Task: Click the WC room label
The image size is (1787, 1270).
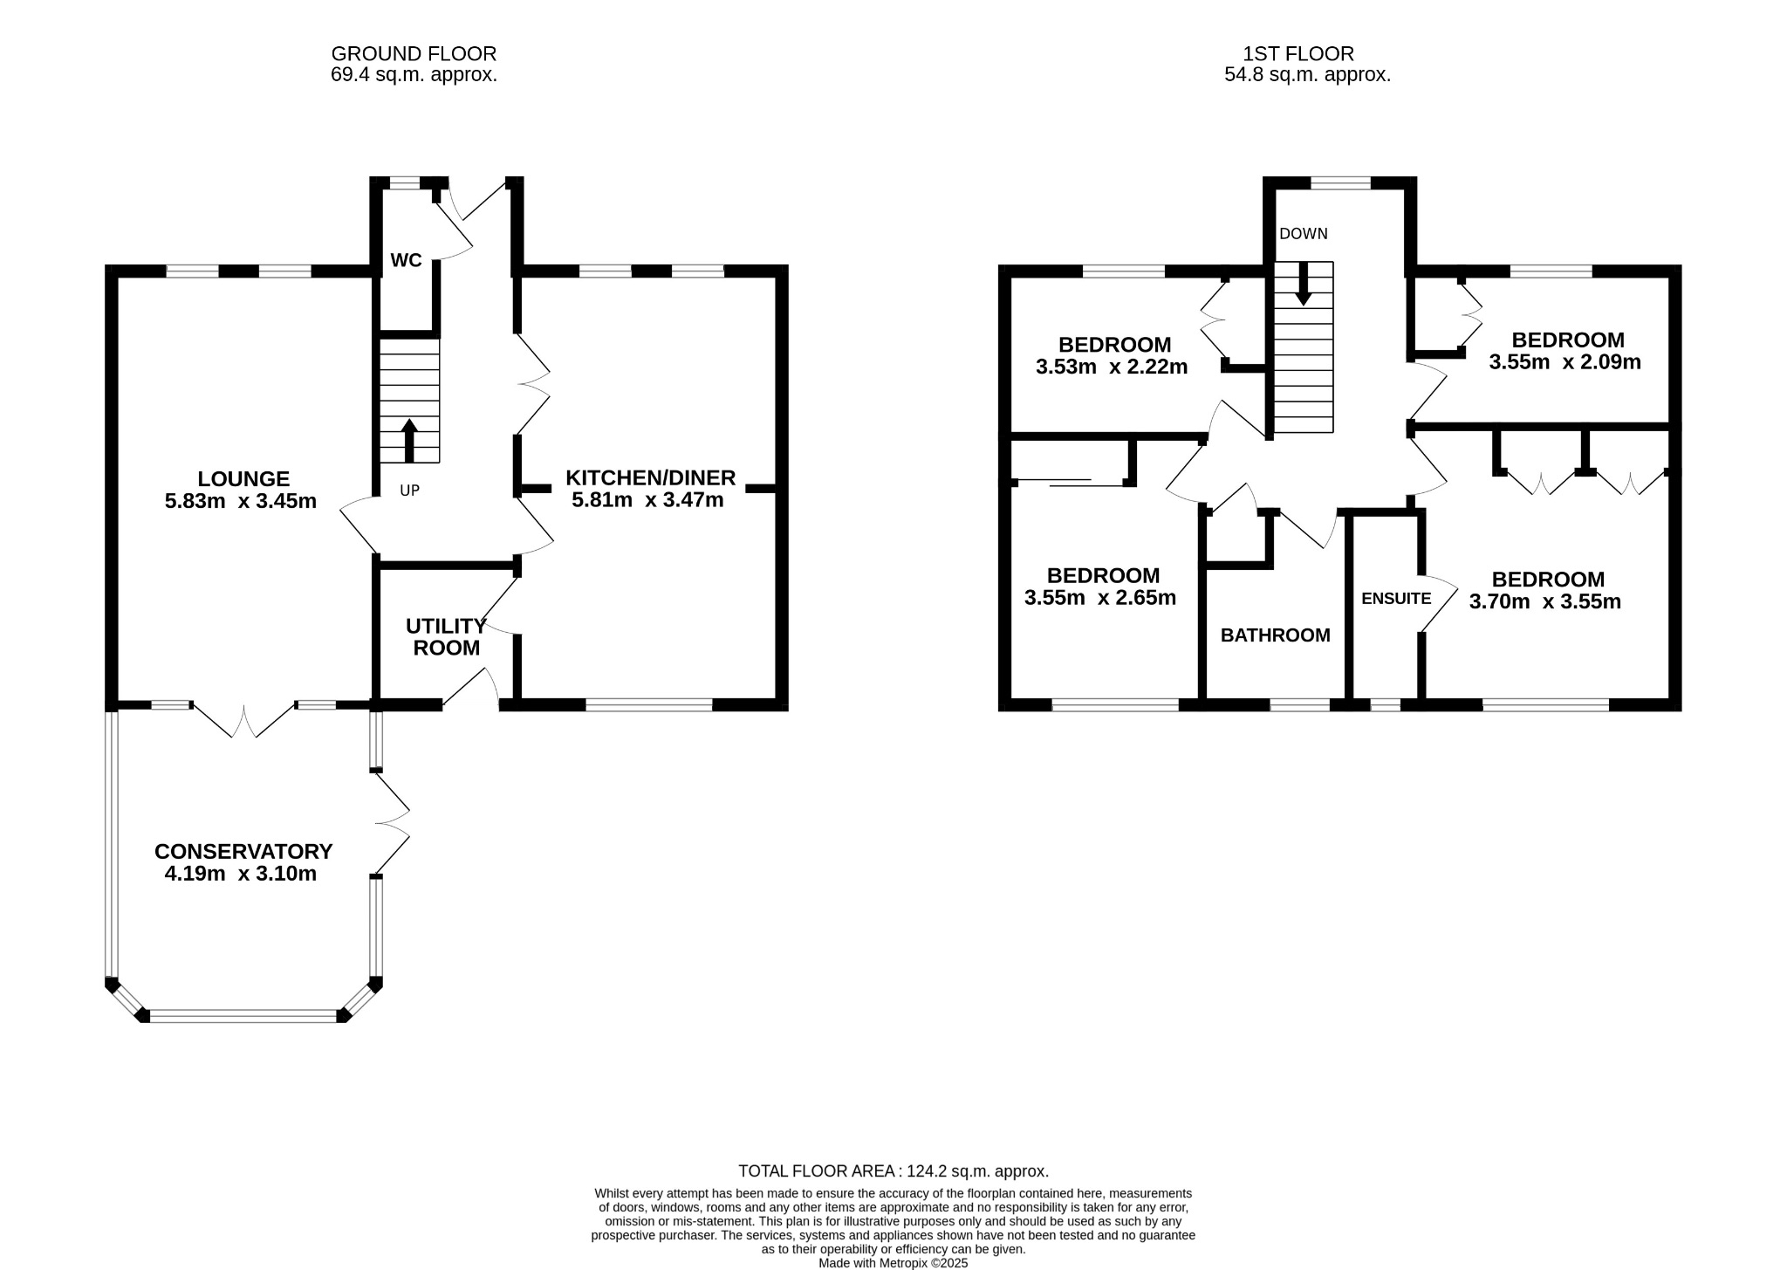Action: pos(406,260)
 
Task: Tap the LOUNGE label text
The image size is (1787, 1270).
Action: pos(243,478)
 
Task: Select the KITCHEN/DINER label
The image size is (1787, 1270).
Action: pos(651,477)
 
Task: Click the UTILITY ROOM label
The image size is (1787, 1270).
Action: pos(446,637)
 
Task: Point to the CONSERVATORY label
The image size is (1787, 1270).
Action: pos(243,851)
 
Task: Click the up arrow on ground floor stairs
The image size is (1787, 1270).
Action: pos(408,440)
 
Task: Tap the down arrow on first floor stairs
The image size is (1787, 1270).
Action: pos(1303,283)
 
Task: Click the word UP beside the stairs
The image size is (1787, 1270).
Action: pos(409,491)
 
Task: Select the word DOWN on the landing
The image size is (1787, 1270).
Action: pos(1303,234)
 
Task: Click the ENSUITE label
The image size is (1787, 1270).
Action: pos(1396,599)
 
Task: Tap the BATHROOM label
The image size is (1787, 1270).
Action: pos(1275,635)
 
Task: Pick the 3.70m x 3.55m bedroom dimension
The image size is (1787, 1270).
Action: pos(1545,601)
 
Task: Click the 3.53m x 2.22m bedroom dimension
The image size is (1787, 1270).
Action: pos(1112,367)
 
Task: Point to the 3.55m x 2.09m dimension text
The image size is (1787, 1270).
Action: pos(1564,361)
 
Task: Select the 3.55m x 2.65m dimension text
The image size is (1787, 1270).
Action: pos(1100,598)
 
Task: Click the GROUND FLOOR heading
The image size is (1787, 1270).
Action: pos(414,54)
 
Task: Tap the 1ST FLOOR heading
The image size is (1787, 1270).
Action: pos(1298,54)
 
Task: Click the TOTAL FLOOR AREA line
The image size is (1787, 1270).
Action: pos(893,1171)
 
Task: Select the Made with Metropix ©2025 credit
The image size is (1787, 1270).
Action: pos(893,1263)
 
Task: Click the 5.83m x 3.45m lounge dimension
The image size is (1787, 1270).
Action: pos(241,501)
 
